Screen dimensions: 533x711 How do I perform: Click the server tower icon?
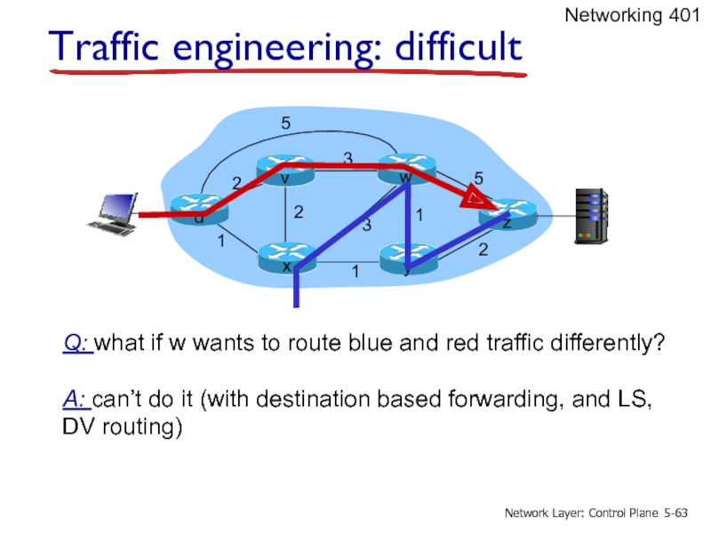click(590, 215)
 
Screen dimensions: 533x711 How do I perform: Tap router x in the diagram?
click(286, 260)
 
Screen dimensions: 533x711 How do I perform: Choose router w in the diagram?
click(404, 168)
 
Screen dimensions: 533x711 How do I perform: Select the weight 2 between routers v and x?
click(299, 213)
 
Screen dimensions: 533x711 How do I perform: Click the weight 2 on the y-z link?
click(483, 251)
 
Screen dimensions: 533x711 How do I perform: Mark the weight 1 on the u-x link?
click(220, 241)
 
